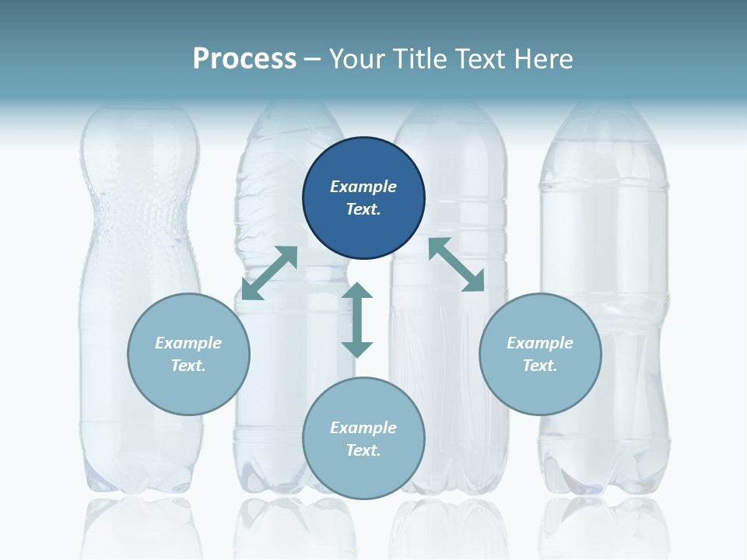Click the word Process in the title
coord(244,58)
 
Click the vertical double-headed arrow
coord(357,320)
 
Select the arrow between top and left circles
coord(270,273)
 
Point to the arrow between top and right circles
coord(456,265)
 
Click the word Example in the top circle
coord(363,187)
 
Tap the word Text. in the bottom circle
coord(363,450)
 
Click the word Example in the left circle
coord(188,343)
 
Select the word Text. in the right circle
coord(540,366)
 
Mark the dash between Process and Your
coord(313,59)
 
